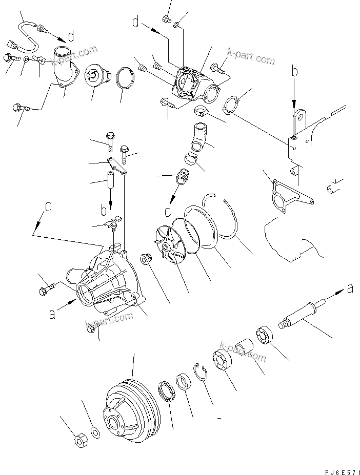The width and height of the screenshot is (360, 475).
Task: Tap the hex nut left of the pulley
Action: tap(81, 440)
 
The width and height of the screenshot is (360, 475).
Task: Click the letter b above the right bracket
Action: tap(295, 72)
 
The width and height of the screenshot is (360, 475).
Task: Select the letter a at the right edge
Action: tap(350, 288)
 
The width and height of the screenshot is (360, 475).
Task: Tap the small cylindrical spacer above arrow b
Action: tap(109, 181)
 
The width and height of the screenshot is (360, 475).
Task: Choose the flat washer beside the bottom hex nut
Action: tap(95, 432)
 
